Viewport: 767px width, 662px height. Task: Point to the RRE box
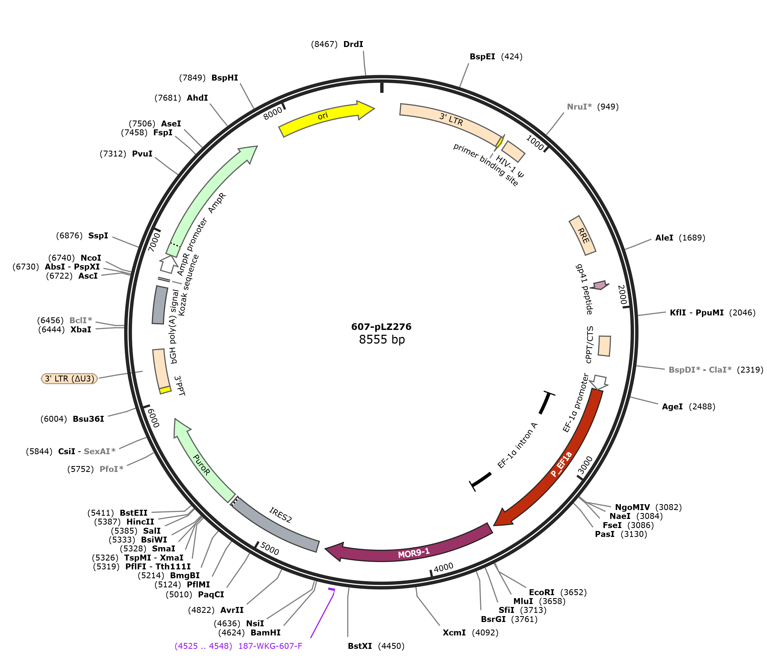click(x=582, y=235)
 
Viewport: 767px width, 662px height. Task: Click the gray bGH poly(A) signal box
click(x=160, y=305)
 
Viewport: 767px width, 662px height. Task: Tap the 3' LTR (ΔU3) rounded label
click(x=69, y=379)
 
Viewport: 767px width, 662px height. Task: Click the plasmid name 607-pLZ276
click(x=381, y=326)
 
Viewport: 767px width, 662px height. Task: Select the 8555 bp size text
click(x=382, y=340)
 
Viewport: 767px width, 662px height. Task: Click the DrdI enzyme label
click(x=353, y=45)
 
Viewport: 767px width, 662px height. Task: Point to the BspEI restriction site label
click(x=482, y=57)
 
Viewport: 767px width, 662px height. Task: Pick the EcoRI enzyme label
click(x=542, y=592)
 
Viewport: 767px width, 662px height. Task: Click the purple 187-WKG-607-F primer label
click(x=270, y=646)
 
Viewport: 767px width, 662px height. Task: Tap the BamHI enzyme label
click(x=265, y=633)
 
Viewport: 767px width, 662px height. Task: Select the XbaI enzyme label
click(x=81, y=329)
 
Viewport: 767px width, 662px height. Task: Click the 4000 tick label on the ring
click(x=443, y=567)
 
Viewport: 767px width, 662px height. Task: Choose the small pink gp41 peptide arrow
click(x=600, y=285)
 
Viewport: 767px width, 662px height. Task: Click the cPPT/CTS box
click(x=604, y=346)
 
